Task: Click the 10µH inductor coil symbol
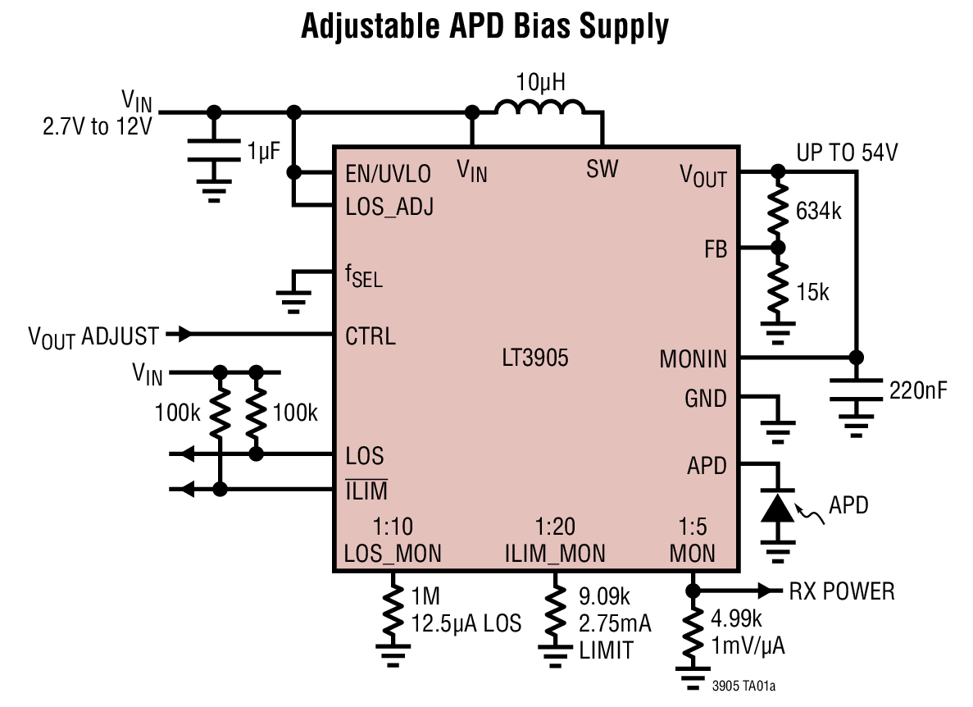point(540,109)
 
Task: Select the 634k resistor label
point(818,212)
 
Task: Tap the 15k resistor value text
point(812,291)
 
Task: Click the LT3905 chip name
point(535,358)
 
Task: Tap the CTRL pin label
point(370,336)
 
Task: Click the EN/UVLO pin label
point(388,174)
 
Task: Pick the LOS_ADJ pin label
point(389,206)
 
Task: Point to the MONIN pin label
point(693,358)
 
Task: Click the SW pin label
point(602,169)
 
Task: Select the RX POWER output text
point(842,591)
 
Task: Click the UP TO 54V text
point(847,152)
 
